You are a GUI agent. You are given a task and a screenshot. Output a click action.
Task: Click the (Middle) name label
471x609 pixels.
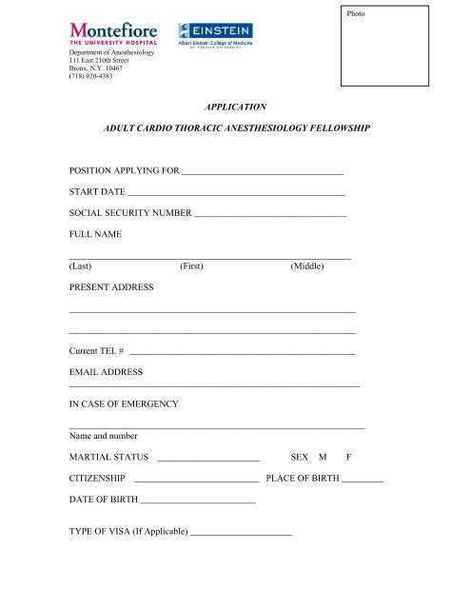point(308,267)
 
